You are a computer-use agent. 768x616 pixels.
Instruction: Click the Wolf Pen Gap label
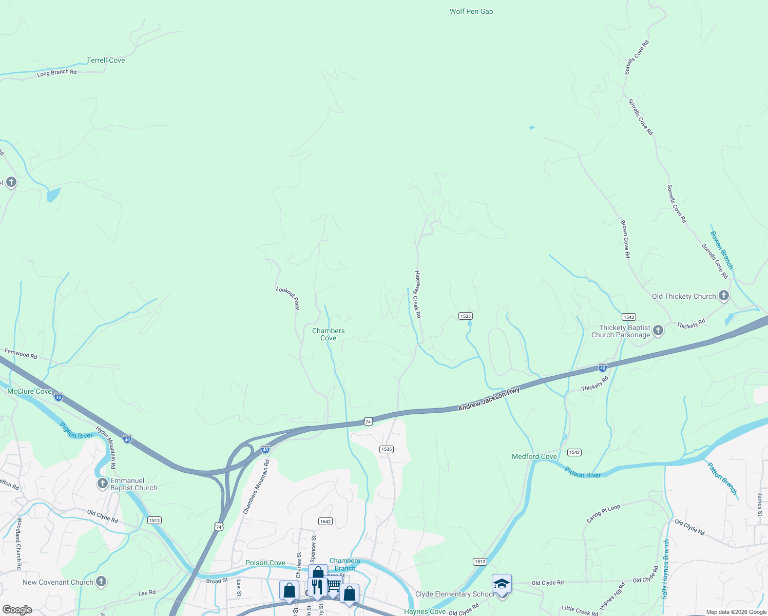click(471, 11)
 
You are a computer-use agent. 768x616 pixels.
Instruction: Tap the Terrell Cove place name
click(106, 60)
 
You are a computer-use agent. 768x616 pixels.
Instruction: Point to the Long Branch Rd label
click(56, 73)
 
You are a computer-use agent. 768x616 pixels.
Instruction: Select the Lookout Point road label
click(288, 298)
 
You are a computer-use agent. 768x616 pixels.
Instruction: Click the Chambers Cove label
click(329, 334)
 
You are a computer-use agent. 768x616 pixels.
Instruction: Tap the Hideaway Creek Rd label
click(418, 294)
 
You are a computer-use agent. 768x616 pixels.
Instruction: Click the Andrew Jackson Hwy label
click(489, 399)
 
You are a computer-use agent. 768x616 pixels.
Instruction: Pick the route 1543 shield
click(628, 317)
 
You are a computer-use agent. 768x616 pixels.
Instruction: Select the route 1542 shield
click(574, 452)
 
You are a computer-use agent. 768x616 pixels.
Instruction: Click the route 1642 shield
click(325, 521)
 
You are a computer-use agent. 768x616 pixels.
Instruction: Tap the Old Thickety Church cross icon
click(724, 296)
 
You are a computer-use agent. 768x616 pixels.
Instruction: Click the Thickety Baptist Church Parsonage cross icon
click(658, 331)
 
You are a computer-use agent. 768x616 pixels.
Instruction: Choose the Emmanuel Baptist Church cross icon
click(103, 484)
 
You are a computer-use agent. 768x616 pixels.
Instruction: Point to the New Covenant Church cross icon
click(101, 582)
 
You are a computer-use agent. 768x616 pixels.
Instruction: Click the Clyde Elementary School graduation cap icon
click(502, 584)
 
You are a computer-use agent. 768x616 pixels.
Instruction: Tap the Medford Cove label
click(534, 456)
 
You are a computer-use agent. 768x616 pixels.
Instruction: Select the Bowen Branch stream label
click(721, 250)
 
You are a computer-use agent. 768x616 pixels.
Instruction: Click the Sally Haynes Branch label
click(665, 569)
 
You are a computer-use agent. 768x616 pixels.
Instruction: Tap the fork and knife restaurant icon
click(317, 586)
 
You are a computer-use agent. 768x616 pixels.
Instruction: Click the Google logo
click(17, 610)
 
